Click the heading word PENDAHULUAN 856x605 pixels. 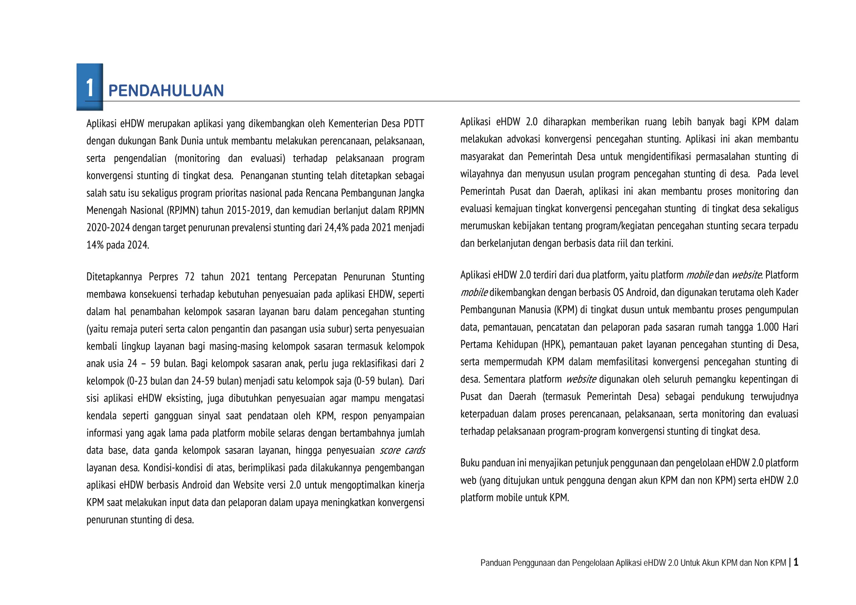(x=166, y=91)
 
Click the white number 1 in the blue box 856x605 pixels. (x=89, y=88)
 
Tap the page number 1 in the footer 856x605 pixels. (x=796, y=562)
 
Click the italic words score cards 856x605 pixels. (x=402, y=451)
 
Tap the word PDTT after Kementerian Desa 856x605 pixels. (x=414, y=124)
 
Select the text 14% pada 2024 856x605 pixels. (x=117, y=245)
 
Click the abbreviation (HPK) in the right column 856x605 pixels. (x=553, y=345)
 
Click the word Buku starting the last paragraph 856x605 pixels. (x=470, y=463)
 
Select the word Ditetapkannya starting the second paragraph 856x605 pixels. (x=114, y=277)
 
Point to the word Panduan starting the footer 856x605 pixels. (x=495, y=563)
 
